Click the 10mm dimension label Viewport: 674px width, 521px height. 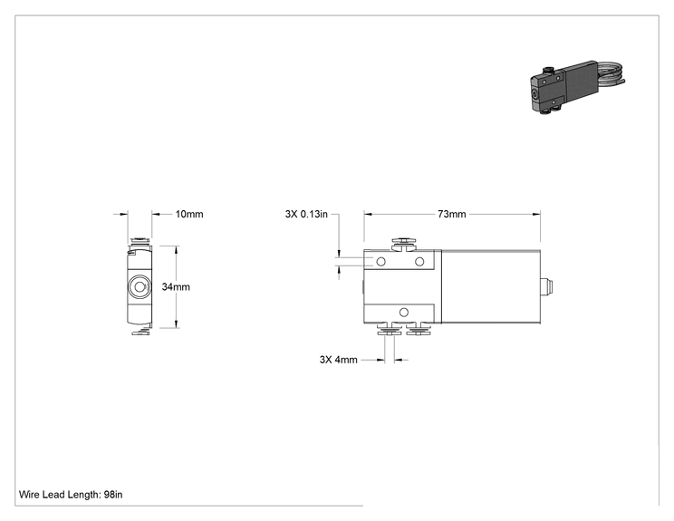coord(189,214)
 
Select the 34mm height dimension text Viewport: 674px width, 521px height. coord(176,286)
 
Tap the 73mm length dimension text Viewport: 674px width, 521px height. coord(452,214)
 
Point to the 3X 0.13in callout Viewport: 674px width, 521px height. coord(306,214)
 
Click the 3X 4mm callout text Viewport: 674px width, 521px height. coord(338,360)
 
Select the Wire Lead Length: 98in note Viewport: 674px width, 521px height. coord(71,495)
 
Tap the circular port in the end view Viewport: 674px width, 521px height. coord(140,286)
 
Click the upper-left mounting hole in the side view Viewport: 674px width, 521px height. coord(380,261)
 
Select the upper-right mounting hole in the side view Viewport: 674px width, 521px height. coord(419,261)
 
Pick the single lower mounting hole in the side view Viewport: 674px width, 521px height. coord(404,312)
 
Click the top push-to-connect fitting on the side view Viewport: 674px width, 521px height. coord(404,243)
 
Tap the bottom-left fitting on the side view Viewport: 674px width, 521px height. coord(388,329)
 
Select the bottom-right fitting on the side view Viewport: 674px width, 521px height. coord(419,329)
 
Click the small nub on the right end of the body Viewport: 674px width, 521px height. coord(546,286)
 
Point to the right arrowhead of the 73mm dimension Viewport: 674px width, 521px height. coord(536,214)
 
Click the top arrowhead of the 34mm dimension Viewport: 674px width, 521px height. coord(176,250)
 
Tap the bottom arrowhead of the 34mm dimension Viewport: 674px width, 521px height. coord(176,323)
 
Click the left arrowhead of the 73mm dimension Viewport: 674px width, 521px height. coord(369,214)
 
